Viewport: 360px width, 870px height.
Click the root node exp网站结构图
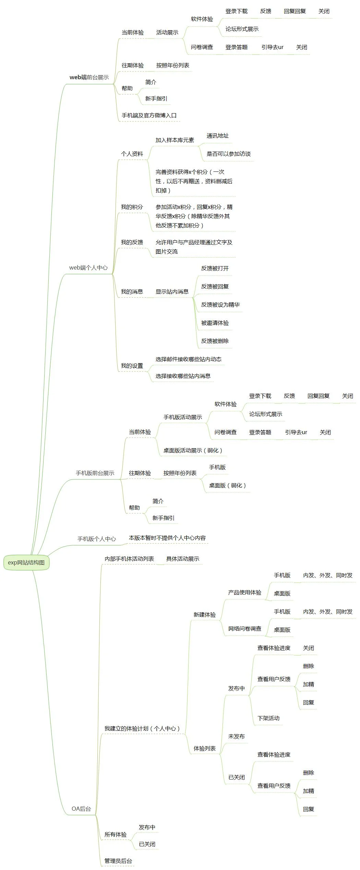pyautogui.click(x=26, y=562)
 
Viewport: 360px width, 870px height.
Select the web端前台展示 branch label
pyautogui.click(x=89, y=78)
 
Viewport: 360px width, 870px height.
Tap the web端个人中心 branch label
pyautogui.click(x=88, y=268)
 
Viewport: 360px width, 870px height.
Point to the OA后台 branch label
pyautogui.click(x=81, y=809)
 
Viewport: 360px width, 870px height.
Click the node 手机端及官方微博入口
pyautogui.click(x=149, y=116)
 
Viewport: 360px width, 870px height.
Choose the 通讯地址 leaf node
pyautogui.click(x=217, y=136)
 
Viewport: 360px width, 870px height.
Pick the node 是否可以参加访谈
pyautogui.click(x=228, y=154)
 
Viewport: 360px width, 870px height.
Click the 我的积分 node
pyautogui.click(x=132, y=207)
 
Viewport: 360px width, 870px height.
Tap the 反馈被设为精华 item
pyautogui.click(x=220, y=305)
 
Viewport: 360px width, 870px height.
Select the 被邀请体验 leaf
pyautogui.click(x=215, y=323)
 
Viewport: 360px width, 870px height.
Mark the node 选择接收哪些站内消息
pyautogui.click(x=183, y=376)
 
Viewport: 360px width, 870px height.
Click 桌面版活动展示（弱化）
pyautogui.click(x=193, y=451)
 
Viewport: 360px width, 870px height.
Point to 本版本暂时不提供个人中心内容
pyautogui.click(x=167, y=538)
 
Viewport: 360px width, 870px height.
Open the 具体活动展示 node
pyautogui.click(x=182, y=559)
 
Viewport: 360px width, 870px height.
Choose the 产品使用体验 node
pyautogui.click(x=244, y=593)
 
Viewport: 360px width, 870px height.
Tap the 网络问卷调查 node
pyautogui.click(x=244, y=629)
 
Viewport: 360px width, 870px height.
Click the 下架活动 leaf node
pyautogui.click(x=268, y=718)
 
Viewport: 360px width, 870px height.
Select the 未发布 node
pyautogui.click(x=236, y=736)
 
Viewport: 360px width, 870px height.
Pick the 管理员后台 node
pyautogui.click(x=118, y=861)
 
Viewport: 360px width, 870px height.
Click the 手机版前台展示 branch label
pyautogui.click(x=95, y=473)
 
